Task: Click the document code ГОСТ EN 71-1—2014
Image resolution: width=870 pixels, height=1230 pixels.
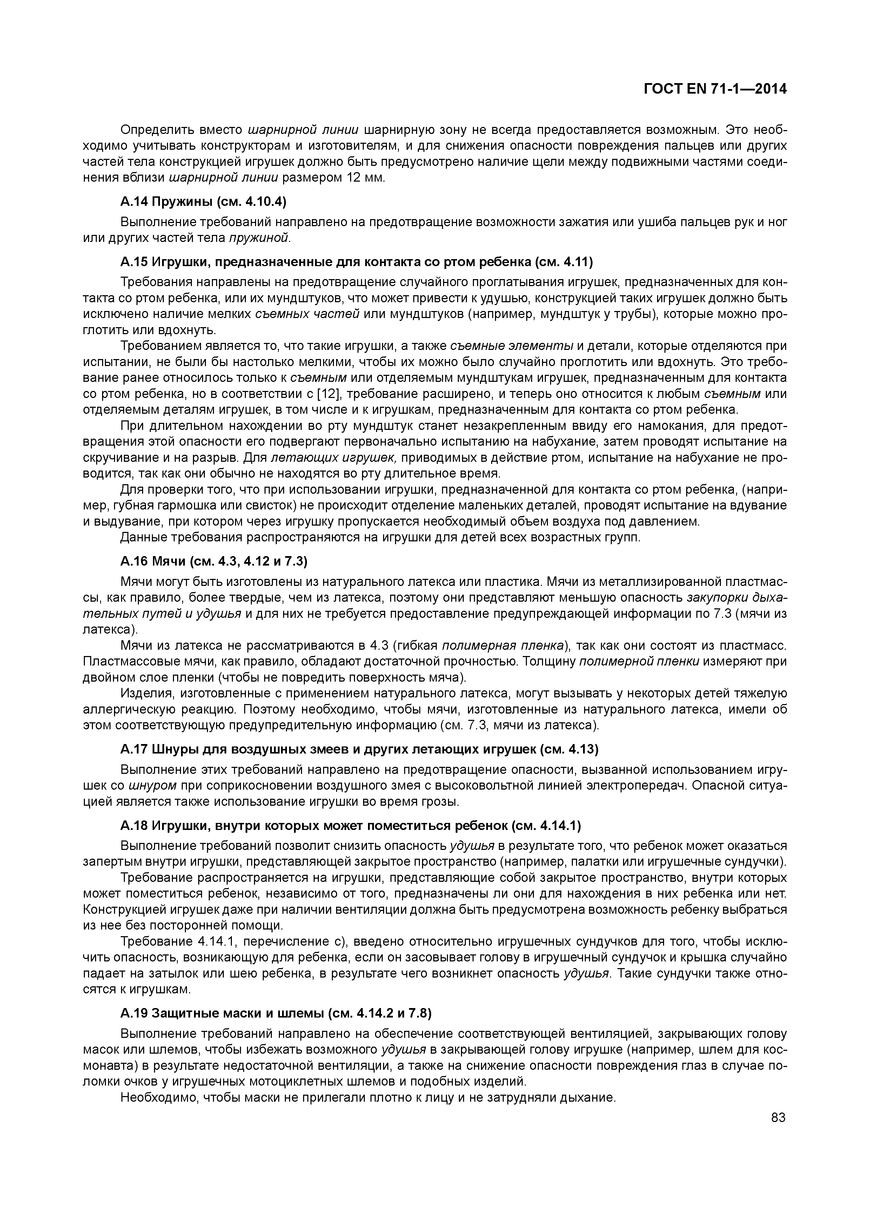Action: [x=715, y=89]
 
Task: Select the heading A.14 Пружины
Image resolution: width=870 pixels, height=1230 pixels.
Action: [x=204, y=201]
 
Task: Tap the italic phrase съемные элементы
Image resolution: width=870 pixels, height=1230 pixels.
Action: [x=512, y=346]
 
